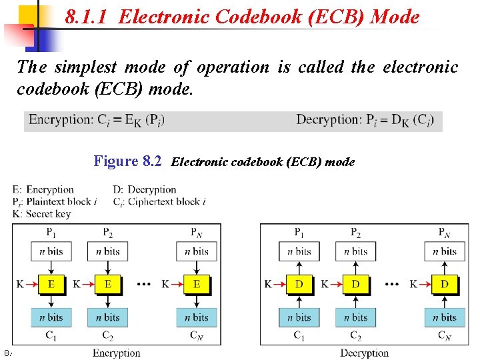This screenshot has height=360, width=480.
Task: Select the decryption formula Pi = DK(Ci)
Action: (365, 120)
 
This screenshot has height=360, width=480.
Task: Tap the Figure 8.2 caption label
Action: (127, 161)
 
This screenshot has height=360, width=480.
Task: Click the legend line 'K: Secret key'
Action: (41, 214)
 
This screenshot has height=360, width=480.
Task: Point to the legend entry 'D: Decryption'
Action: (145, 190)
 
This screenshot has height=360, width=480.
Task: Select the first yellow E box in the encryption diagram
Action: (51, 284)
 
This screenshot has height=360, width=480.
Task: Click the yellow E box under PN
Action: (197, 284)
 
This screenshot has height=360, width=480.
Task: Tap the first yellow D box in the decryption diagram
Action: (299, 284)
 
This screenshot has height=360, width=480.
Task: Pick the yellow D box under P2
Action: (356, 284)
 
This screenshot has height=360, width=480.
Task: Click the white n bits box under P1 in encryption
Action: (51, 251)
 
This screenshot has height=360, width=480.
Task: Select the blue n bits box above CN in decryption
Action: (445, 317)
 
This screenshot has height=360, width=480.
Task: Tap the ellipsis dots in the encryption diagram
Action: (143, 284)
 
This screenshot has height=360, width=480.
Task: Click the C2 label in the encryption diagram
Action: (108, 336)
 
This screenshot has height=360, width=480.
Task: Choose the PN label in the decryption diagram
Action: (445, 233)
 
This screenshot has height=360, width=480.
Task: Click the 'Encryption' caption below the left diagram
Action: (117, 353)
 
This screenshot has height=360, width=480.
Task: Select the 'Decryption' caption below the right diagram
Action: (364, 353)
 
